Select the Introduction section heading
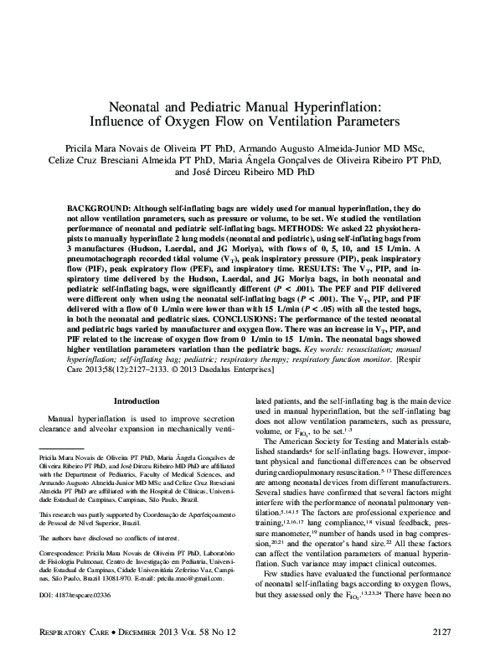136,401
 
